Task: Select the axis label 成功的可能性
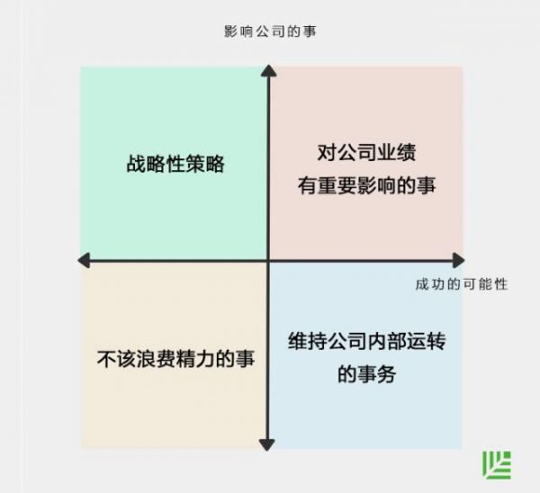[462, 284]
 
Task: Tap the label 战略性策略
[175, 165]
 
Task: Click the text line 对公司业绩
[365, 152]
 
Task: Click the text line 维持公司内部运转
[367, 342]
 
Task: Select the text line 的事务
[366, 374]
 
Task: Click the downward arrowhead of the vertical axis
[267, 443]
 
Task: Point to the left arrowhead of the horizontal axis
[84, 261]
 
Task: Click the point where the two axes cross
[267, 261]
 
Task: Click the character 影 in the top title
[230, 31]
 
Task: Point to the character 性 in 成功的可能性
[501, 284]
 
